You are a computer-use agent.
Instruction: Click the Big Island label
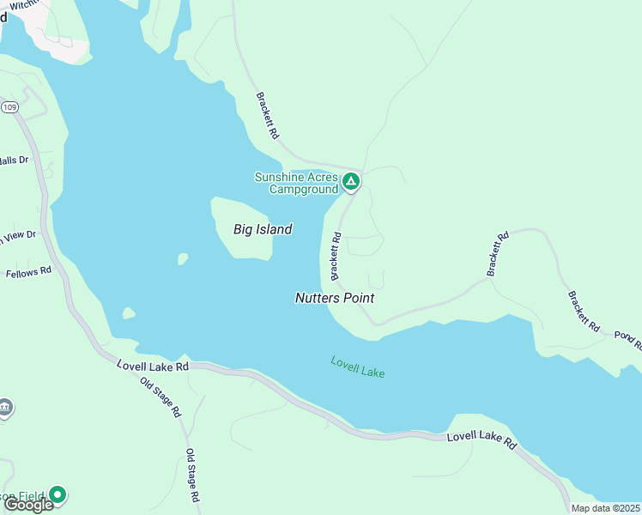point(263,229)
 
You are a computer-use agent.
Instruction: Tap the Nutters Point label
point(335,298)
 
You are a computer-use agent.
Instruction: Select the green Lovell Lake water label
point(358,367)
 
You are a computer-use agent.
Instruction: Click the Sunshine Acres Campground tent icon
point(350,181)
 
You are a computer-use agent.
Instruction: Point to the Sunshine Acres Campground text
point(296,183)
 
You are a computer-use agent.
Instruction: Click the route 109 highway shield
point(9,106)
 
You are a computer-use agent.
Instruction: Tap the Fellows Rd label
point(28,272)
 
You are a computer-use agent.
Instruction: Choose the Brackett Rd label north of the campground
point(267,117)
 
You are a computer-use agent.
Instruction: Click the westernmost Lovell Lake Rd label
point(152,366)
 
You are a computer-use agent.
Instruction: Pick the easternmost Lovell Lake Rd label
point(481,441)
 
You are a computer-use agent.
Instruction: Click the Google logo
point(28,505)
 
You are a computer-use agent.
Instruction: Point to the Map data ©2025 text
point(605,508)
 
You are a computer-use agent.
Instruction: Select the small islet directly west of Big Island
point(182,258)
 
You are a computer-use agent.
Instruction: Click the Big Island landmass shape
point(245,245)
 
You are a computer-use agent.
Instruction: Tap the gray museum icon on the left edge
point(5,407)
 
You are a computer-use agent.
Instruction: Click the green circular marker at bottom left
point(58,494)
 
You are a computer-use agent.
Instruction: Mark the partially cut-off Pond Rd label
point(627,338)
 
